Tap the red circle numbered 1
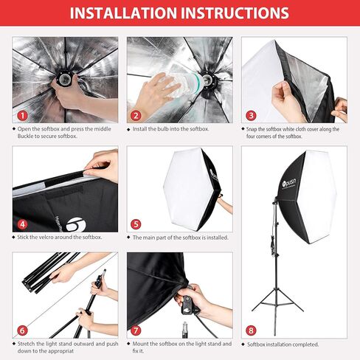click(22, 116)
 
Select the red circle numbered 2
click(136, 116)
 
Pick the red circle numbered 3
click(251, 116)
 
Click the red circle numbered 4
click(22, 224)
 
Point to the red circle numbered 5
click(136, 224)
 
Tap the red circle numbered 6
click(22, 331)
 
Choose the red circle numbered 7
click(136, 331)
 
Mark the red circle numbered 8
click(251, 331)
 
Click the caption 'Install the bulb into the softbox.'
click(170, 129)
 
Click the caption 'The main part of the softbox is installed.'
click(180, 237)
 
